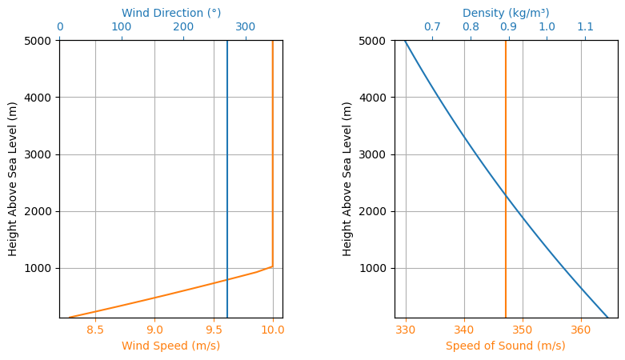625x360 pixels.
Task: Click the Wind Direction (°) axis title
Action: [x=171, y=13]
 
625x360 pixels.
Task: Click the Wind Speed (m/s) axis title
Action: [x=171, y=346]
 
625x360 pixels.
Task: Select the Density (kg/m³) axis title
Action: [x=506, y=13]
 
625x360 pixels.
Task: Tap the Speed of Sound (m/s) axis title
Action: [x=506, y=346]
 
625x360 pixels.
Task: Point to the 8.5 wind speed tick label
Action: [x=95, y=330]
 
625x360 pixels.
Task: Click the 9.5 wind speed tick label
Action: [x=214, y=330]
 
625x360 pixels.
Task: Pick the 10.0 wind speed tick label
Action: [x=273, y=330]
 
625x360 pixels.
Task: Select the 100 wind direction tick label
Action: [x=122, y=26]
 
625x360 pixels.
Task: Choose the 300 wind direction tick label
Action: [x=246, y=26]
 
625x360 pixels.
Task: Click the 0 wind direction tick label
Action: [x=60, y=26]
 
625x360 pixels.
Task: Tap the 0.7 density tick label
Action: [x=432, y=26]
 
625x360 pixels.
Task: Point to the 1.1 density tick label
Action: [x=586, y=26]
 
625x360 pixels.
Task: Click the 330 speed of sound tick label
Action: [x=406, y=330]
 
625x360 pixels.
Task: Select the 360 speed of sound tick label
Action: [x=581, y=330]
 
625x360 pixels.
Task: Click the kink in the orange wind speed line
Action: [x=273, y=266]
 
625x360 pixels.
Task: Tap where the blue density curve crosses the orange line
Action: [x=506, y=195]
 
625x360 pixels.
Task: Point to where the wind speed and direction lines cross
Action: [x=227, y=279]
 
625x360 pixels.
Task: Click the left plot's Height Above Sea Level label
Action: [x=12, y=179]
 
